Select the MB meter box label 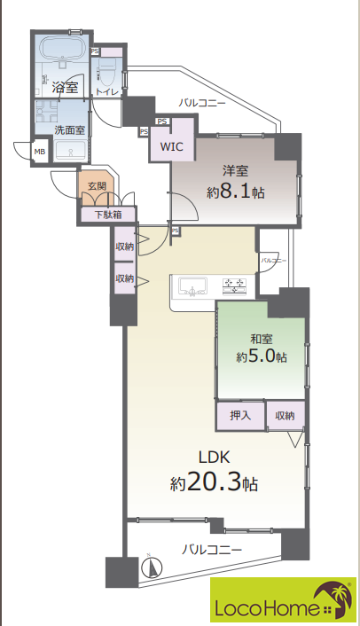point(40,152)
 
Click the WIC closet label point(172,146)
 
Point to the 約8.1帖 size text point(236,192)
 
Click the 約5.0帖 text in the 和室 point(262,356)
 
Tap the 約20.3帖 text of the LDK point(214,482)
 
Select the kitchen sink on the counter point(193,286)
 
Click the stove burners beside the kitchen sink point(234,286)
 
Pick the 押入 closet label point(240,416)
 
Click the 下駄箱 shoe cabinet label point(108,215)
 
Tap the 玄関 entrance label point(97,186)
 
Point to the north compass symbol point(152,567)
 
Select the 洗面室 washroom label point(69,129)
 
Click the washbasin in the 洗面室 point(70,151)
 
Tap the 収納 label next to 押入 point(285,416)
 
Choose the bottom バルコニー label point(212,550)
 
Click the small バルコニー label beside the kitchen point(274,261)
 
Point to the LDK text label point(215,458)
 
